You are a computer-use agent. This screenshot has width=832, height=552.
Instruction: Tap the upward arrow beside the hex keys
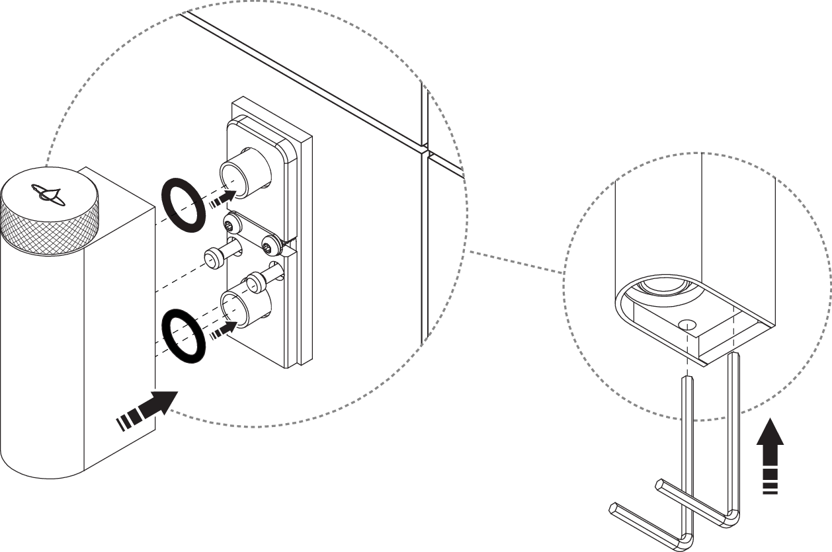[769, 456]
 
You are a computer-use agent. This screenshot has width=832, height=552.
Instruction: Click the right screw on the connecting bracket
[267, 247]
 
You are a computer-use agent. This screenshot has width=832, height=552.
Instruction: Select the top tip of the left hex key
[686, 378]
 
